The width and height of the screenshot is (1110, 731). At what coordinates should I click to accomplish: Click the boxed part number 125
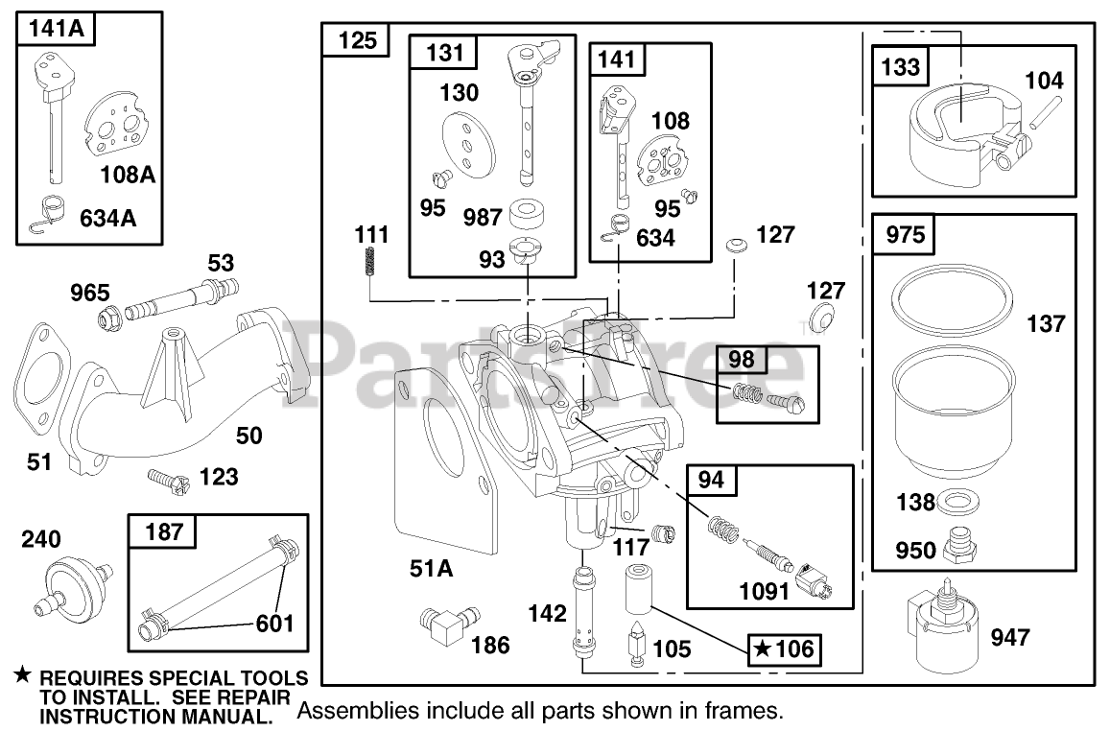[x=357, y=42]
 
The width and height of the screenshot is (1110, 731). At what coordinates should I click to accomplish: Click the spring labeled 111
[x=370, y=261]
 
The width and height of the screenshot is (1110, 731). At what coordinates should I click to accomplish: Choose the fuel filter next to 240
[x=72, y=579]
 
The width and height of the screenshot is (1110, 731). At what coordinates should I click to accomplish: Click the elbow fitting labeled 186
[x=443, y=625]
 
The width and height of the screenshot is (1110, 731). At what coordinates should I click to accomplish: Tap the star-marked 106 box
[x=785, y=649]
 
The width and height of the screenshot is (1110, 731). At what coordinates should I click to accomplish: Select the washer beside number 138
[x=954, y=501]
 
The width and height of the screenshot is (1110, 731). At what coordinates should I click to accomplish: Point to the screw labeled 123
[x=165, y=476]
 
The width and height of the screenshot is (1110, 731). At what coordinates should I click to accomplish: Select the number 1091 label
[x=765, y=591]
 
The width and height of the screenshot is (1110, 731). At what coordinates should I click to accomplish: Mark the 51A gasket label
[x=432, y=569]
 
